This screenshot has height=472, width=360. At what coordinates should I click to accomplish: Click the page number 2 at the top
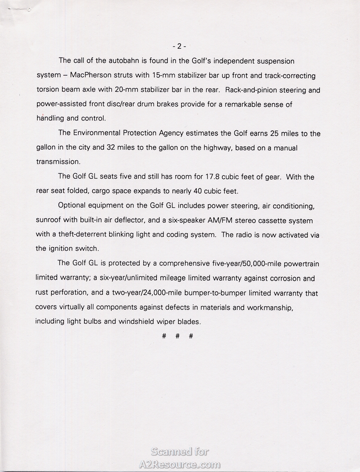coord(179,46)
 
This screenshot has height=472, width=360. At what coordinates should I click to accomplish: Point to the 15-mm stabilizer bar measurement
coord(162,76)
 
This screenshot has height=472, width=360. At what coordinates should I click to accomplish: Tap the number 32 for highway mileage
coord(111,148)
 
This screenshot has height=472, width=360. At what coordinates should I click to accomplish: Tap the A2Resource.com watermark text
coord(180,464)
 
